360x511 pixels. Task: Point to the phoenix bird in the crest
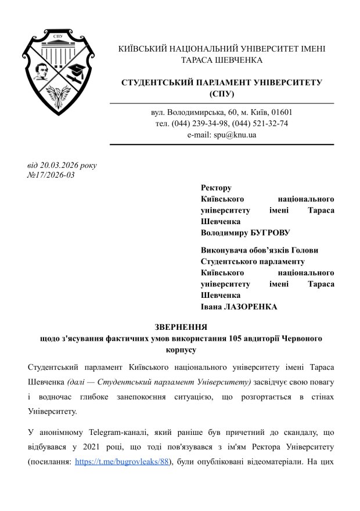[58, 93]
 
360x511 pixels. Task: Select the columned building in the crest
[58, 49]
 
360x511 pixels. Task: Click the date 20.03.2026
[59, 165]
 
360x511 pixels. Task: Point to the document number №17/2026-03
[51, 175]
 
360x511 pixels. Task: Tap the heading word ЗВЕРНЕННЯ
[181, 327]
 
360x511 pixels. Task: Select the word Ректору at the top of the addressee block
[215, 188]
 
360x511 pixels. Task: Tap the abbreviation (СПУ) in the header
[221, 93]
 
